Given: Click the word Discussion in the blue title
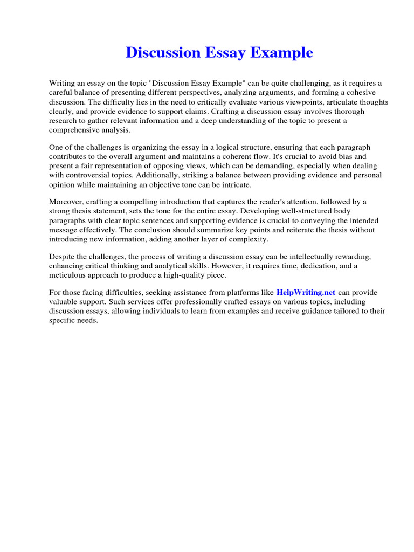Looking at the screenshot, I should click(163, 53).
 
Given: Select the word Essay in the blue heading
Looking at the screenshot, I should click(224, 53).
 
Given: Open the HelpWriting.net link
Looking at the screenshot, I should click(306, 292).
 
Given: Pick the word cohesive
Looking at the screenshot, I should click(366, 93).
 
